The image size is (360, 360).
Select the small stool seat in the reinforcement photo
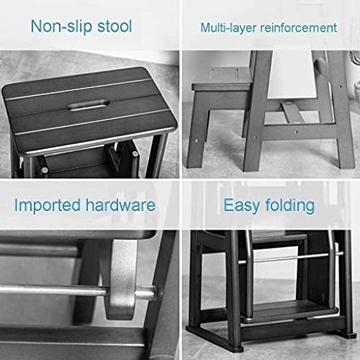219,78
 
